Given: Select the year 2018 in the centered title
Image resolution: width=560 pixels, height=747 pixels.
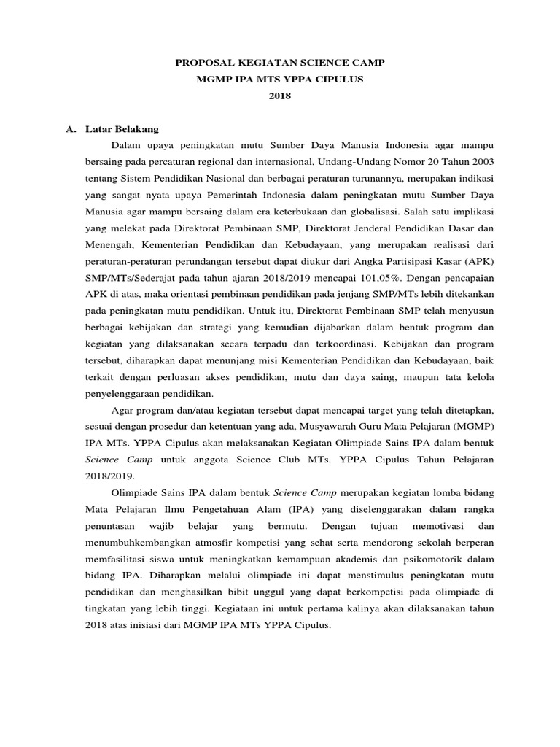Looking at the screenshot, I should click(280, 96).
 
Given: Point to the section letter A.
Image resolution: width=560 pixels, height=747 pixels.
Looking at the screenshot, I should click(71, 128).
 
